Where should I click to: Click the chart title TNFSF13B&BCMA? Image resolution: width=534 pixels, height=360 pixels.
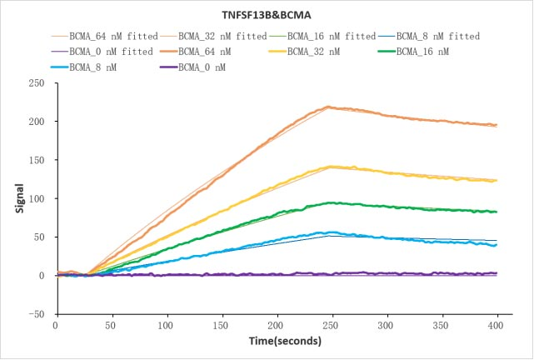pos(267,15)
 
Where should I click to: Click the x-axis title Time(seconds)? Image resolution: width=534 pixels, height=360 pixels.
pos(276,341)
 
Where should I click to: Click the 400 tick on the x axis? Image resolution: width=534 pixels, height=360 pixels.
pos(497,325)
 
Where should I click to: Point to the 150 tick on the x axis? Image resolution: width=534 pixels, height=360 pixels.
pos(221,325)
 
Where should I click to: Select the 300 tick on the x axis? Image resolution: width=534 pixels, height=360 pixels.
pos(387,325)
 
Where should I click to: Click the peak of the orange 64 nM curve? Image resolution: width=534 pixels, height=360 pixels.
pos(330,107)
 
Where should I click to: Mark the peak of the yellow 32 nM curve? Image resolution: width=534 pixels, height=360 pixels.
pos(332,167)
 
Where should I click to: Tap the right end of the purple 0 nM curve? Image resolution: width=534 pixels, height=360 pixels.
pos(497,273)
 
